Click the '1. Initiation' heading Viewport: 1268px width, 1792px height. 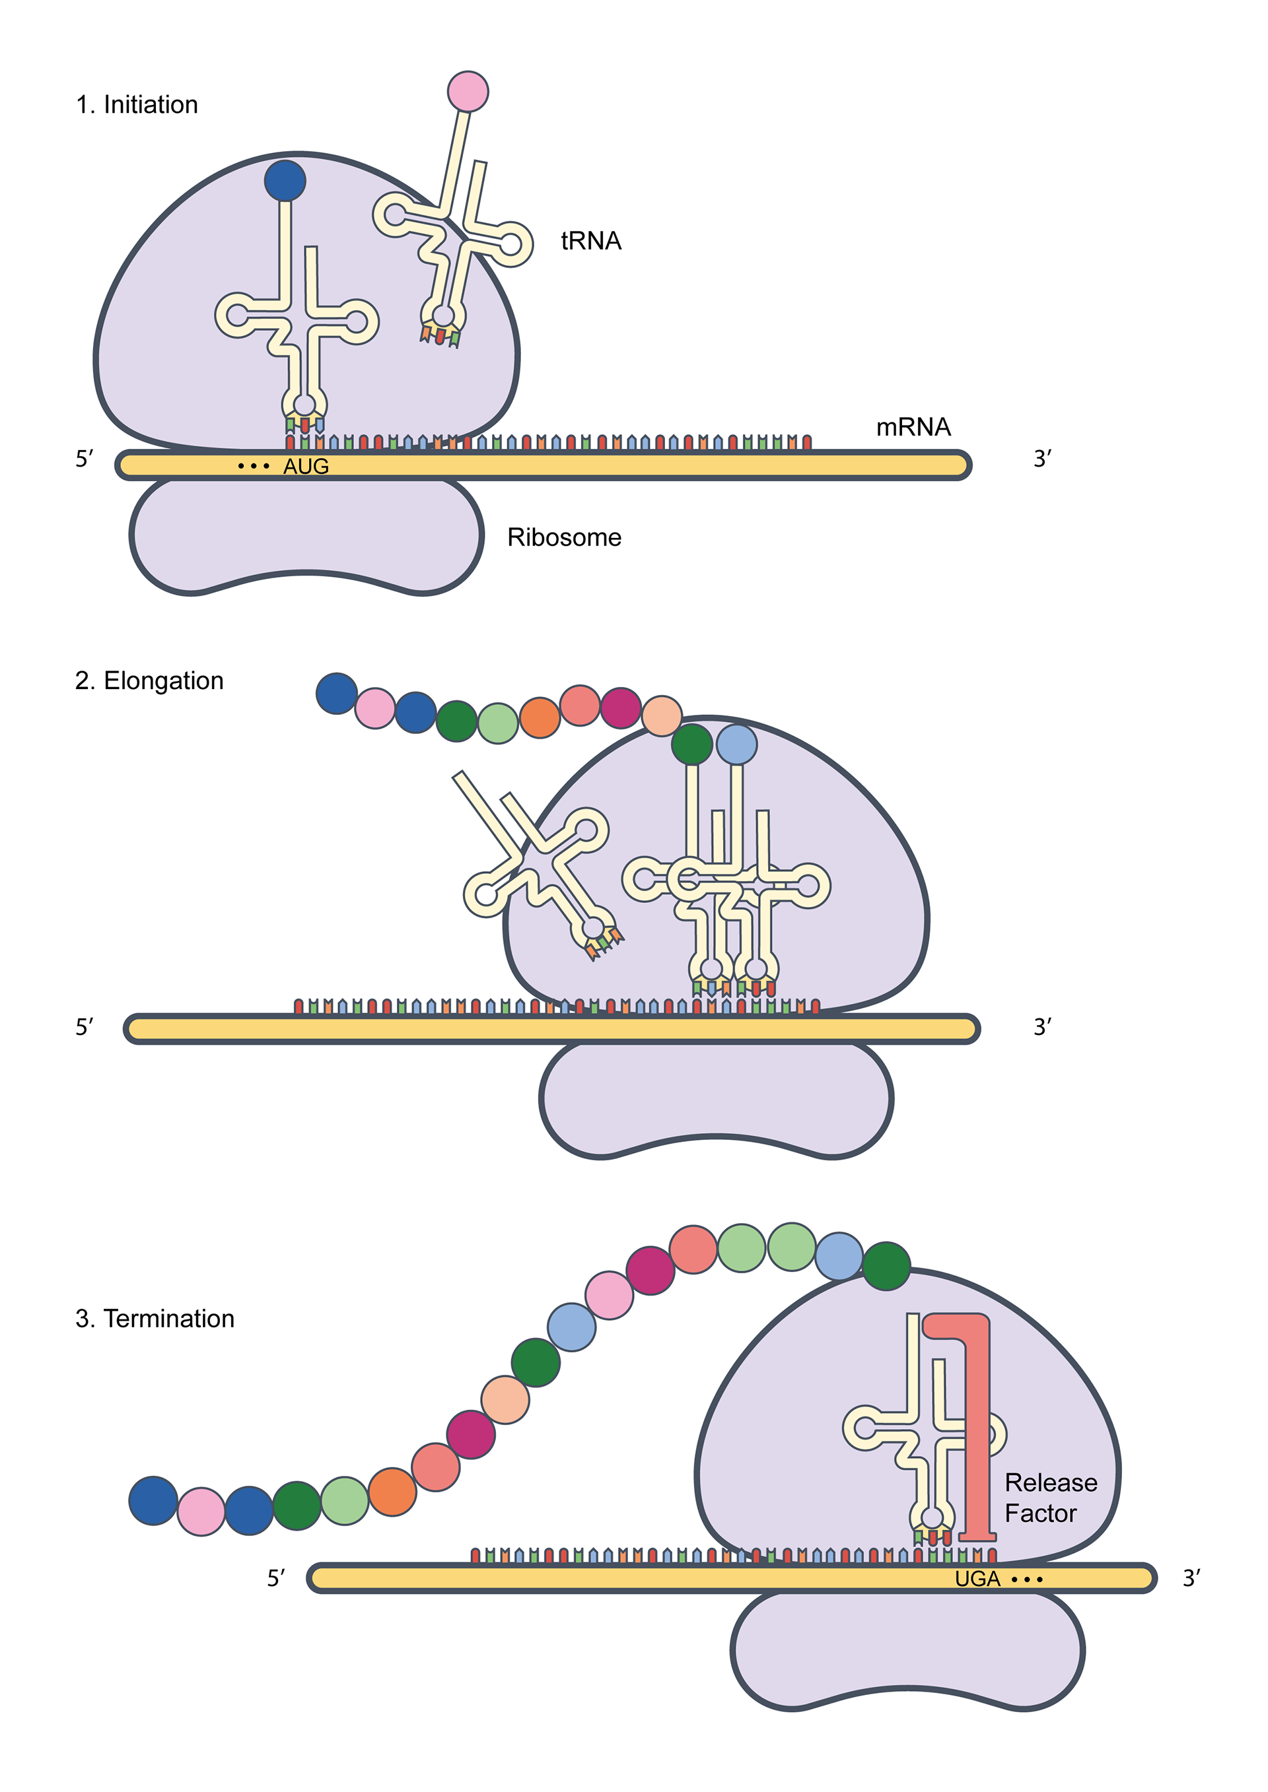click(137, 104)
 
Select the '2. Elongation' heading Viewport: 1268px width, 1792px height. click(149, 680)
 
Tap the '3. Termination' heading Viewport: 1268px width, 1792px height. click(155, 1318)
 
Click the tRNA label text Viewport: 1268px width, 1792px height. click(591, 240)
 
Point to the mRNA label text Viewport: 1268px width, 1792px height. click(913, 427)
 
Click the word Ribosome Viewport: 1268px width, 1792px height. click(564, 537)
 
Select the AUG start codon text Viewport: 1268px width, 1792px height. click(305, 466)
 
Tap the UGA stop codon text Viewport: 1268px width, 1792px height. click(977, 1579)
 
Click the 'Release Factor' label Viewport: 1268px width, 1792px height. click(1050, 1497)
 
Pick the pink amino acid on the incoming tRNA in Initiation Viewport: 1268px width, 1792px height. click(468, 91)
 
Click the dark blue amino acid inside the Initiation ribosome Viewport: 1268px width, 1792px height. click(285, 180)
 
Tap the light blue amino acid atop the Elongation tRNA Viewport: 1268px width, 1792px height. click(736, 744)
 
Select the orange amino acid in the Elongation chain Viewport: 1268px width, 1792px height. click(540, 717)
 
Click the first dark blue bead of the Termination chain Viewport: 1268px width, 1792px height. click(153, 1500)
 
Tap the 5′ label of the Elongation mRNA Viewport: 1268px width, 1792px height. click(85, 1027)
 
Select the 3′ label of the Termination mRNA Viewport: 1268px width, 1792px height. click(1191, 1578)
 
